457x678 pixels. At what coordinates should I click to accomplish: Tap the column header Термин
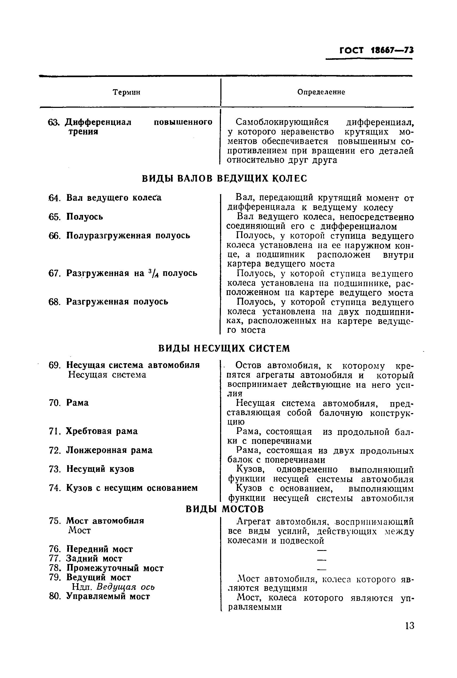click(126, 92)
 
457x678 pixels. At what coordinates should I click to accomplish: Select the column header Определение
click(321, 92)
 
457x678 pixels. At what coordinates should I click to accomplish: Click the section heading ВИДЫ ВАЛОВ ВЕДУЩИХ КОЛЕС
click(224, 178)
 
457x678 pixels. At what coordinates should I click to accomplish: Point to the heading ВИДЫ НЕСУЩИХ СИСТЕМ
click(224, 348)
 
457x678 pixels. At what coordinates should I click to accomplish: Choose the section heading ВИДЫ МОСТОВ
click(225, 509)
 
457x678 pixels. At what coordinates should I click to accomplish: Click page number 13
click(409, 625)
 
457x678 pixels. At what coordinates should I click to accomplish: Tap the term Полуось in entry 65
click(85, 217)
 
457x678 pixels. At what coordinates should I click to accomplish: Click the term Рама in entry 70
click(78, 403)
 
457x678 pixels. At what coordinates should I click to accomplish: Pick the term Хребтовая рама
click(102, 431)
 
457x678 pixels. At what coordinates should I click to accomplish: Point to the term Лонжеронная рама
click(109, 450)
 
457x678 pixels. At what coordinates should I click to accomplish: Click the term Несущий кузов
click(100, 469)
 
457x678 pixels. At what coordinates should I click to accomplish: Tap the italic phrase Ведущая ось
click(126, 587)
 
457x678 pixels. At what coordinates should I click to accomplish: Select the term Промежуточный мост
click(115, 568)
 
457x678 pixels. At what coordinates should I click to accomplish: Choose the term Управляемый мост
click(108, 596)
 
